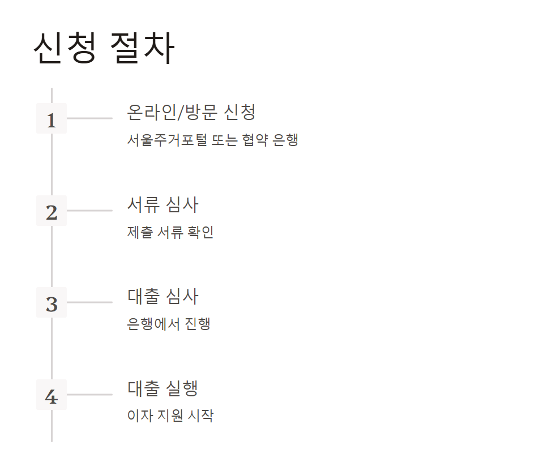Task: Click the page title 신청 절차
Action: point(104,49)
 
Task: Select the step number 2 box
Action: point(52,211)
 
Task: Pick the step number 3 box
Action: point(52,302)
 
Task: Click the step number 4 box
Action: point(52,395)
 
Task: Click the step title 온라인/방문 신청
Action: point(191,112)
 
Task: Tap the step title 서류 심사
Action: point(162,204)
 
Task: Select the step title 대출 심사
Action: point(162,296)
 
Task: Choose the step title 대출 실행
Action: point(162,388)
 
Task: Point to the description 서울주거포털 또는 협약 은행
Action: point(212,140)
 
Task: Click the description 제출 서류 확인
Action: point(170,232)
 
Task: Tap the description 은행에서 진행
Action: point(169,324)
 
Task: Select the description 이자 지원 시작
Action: point(170,416)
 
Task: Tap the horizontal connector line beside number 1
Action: point(89,118)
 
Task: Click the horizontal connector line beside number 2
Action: point(89,211)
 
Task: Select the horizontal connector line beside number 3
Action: point(89,302)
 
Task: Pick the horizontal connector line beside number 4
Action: point(89,395)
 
